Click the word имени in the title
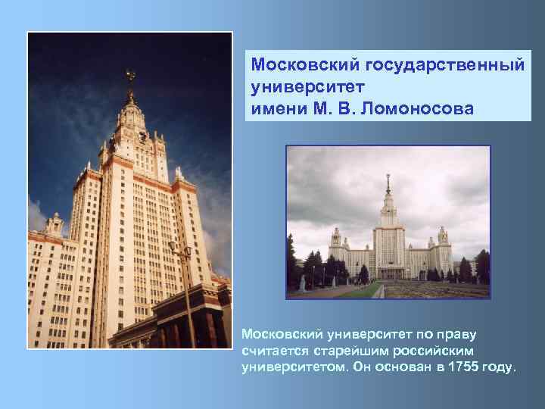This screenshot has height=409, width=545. pos(276,109)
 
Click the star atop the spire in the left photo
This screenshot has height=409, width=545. pos(130,74)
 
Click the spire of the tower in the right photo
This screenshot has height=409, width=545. pos(388,186)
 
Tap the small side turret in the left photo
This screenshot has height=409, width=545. pos(54,223)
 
